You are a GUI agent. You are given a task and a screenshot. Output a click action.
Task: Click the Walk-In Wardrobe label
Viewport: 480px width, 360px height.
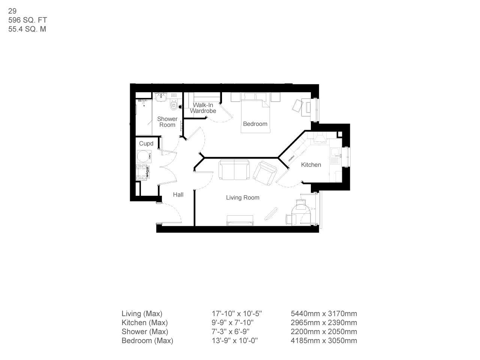[203, 108]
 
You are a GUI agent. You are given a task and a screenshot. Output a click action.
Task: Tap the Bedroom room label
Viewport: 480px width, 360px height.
[255, 124]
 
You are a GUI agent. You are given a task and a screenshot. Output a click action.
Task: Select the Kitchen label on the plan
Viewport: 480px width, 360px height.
[311, 165]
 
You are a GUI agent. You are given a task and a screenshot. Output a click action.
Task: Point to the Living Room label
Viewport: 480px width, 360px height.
[243, 198]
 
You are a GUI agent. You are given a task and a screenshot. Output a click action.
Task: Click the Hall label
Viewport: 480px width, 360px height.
[178, 195]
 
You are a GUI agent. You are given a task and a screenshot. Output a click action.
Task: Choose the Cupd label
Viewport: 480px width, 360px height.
[146, 144]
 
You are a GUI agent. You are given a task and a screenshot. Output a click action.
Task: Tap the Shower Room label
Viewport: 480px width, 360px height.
[167, 122]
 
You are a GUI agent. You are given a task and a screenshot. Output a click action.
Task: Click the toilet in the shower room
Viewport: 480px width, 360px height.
[173, 105]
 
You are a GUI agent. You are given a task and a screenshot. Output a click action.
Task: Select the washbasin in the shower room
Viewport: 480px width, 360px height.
[161, 97]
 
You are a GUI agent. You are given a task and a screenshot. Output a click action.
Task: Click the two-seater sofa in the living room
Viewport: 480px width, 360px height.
[234, 169]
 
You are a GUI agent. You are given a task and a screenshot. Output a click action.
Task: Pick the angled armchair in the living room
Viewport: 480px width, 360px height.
[264, 173]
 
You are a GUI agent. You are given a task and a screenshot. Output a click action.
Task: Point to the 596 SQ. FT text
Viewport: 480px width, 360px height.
[28, 20]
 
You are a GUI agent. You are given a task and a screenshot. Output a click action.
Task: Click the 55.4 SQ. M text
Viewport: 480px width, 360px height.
[27, 29]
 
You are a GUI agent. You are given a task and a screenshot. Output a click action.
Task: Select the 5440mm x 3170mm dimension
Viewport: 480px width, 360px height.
[324, 313]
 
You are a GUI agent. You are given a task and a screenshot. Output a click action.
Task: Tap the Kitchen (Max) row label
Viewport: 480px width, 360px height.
[145, 322]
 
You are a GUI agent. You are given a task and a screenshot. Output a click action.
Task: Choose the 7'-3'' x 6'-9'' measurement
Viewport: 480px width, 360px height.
[231, 331]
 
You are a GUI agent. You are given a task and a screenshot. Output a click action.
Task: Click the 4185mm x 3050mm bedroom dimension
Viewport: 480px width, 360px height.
[324, 340]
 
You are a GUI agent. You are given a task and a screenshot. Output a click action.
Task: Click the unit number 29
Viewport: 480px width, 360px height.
[12, 11]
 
